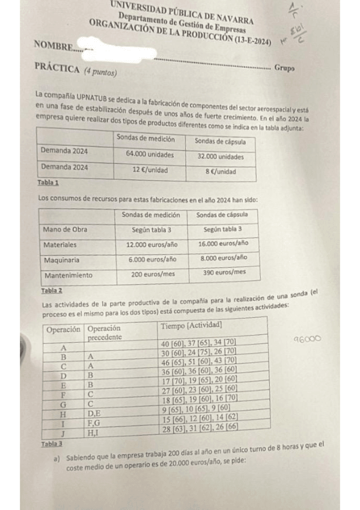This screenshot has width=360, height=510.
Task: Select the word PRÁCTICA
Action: point(57,70)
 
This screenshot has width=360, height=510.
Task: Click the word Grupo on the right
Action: point(284,69)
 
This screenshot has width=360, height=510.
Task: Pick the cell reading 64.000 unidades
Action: point(150,154)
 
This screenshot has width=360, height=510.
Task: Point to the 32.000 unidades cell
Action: point(221,156)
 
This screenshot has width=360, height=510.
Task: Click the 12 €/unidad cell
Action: point(150,170)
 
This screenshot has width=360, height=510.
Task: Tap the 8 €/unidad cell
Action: point(220,171)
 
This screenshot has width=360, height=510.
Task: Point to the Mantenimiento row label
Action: point(68,275)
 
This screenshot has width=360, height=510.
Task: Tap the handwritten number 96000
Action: point(307,339)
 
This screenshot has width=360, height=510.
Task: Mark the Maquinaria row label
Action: point(63,260)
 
